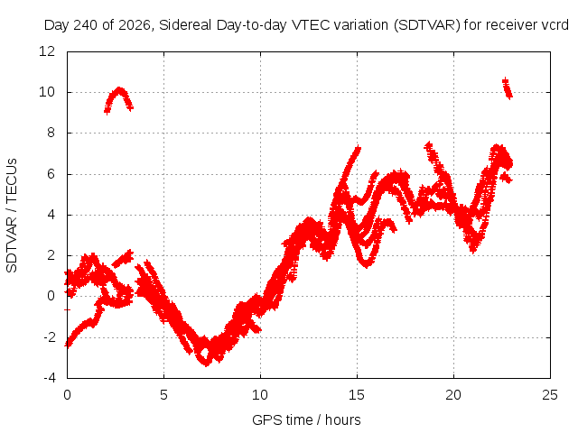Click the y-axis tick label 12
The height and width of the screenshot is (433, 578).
[47, 51]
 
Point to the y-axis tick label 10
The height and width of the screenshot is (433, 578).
[47, 92]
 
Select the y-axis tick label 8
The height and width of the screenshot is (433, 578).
[51, 133]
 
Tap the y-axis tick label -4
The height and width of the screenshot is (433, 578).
[50, 378]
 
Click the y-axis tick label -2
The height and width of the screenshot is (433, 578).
[50, 336]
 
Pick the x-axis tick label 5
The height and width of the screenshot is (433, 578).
[163, 395]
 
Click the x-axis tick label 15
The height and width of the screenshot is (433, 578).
[357, 395]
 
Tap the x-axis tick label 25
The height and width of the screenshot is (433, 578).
[550, 395]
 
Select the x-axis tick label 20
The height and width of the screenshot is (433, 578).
[453, 395]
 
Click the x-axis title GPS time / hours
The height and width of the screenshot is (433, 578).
[306, 420]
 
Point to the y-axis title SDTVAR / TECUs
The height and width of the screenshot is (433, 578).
[12, 216]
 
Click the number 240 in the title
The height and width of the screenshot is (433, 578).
[86, 25]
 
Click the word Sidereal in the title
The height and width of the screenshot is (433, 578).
[185, 25]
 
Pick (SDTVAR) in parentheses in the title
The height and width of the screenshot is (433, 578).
[427, 25]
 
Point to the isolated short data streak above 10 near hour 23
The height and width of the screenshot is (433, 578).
[508, 88]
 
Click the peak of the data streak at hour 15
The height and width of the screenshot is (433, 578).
[358, 148]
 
